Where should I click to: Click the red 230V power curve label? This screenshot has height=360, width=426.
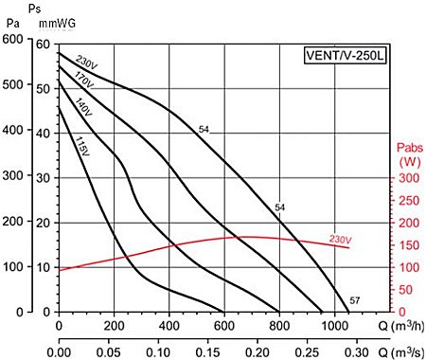pos(342,239)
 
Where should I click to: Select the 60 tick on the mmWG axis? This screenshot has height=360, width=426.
pos(43,44)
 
